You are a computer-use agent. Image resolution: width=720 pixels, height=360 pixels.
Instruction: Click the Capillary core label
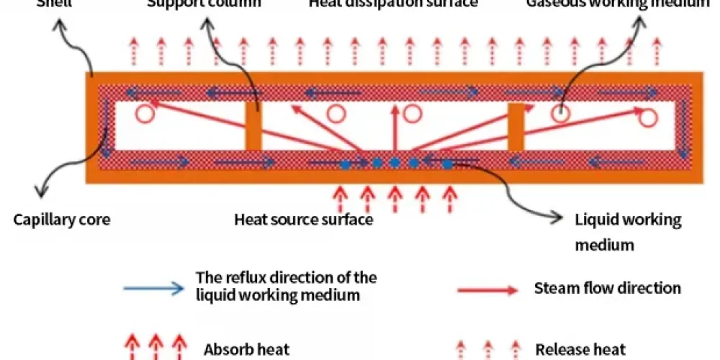tap(62, 220)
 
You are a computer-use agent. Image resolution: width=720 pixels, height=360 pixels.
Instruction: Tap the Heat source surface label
tap(303, 220)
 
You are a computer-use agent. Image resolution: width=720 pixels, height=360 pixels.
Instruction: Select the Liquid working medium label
tap(628, 220)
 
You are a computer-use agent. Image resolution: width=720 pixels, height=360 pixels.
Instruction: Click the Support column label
tap(204, 3)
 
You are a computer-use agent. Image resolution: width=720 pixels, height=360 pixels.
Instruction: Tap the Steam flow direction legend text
tap(607, 288)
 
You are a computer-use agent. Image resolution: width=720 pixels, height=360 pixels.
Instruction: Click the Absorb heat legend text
tap(246, 350)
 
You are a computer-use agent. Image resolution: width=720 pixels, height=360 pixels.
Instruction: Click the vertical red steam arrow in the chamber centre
tap(393, 130)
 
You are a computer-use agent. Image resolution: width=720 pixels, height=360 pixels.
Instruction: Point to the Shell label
tap(53, 3)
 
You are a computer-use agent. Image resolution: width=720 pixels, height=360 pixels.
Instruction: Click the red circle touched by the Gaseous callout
tap(561, 113)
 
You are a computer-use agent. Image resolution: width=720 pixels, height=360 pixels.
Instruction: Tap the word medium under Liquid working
tap(604, 245)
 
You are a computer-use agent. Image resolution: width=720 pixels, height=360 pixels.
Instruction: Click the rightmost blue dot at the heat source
tap(447, 165)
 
